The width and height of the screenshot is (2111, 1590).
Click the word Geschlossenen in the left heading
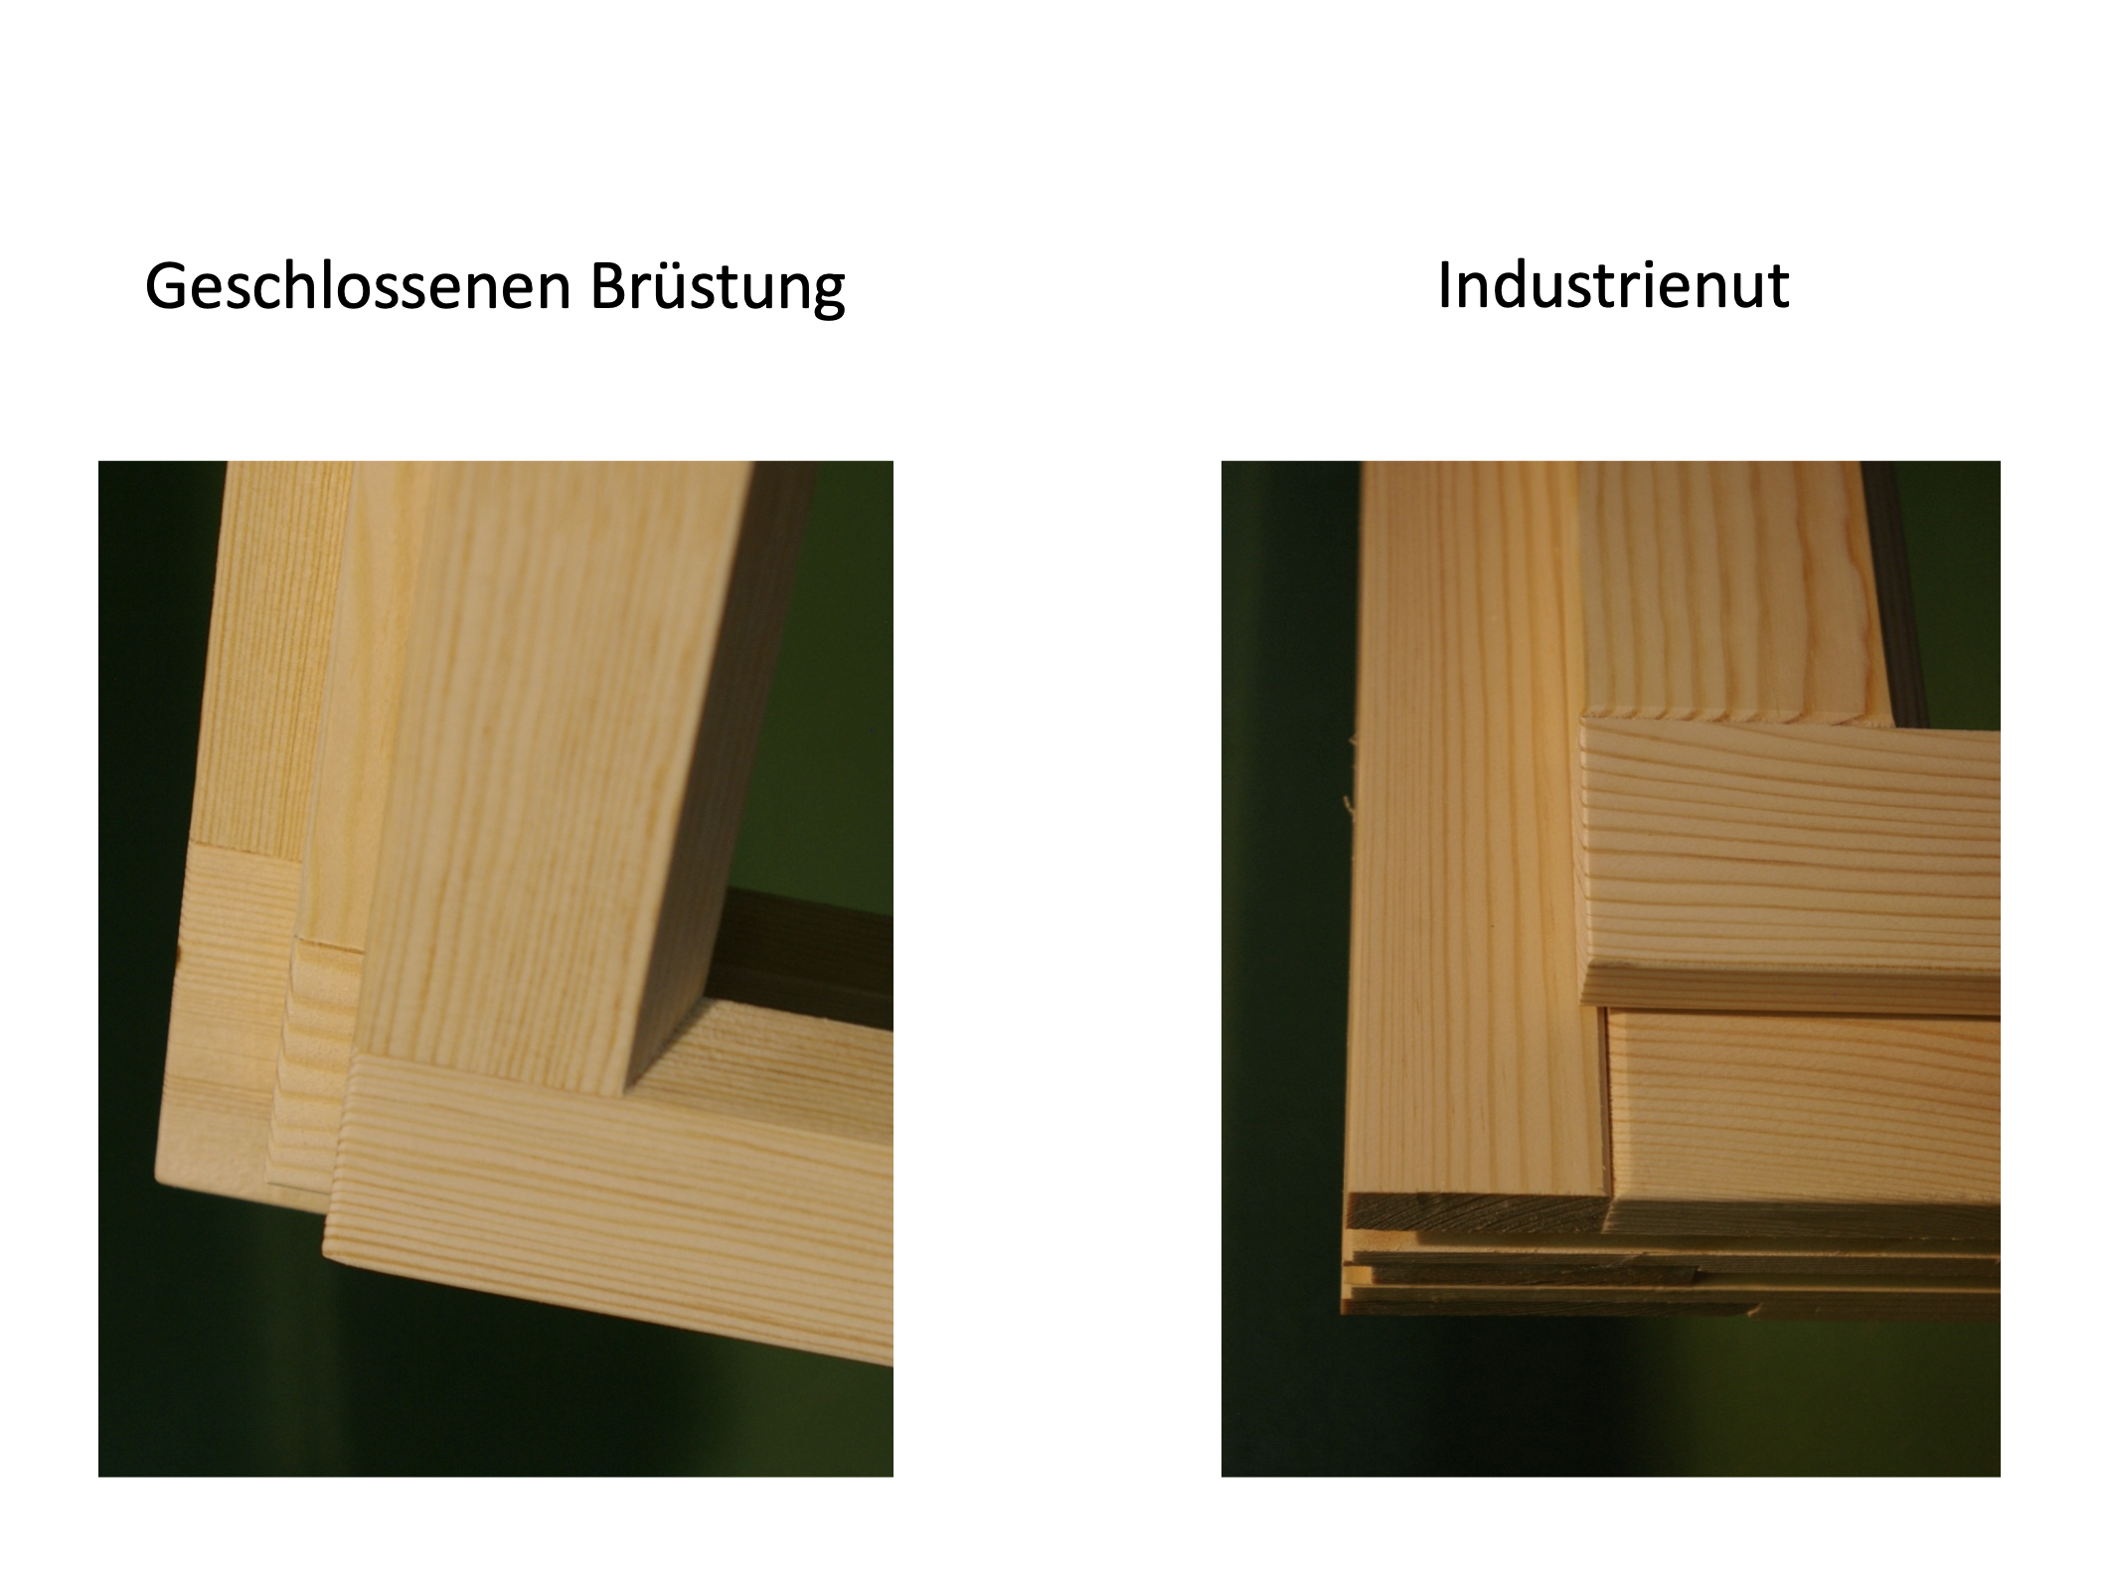[x=358, y=286]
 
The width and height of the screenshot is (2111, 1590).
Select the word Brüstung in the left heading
[x=718, y=287]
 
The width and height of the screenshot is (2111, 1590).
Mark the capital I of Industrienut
[x=1444, y=285]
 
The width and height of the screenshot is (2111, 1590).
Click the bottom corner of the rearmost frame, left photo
[x=159, y=1177]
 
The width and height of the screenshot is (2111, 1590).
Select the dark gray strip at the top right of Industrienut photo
[x=1893, y=591]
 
